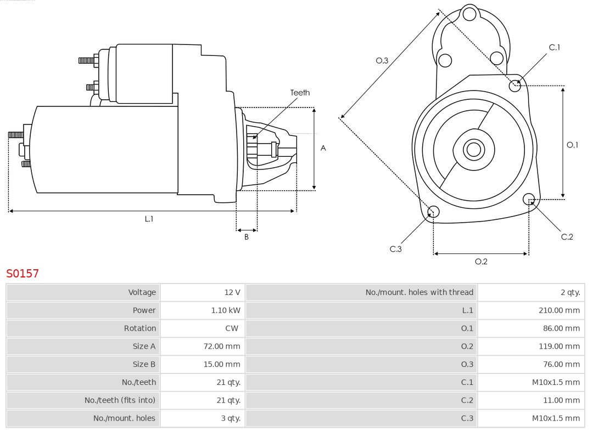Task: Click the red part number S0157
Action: pyautogui.click(x=23, y=273)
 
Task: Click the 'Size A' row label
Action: pyautogui.click(x=144, y=347)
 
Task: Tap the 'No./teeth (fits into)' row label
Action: pyautogui.click(x=120, y=400)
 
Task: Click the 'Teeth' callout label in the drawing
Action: pyautogui.click(x=300, y=93)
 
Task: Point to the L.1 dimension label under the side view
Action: pyautogui.click(x=149, y=219)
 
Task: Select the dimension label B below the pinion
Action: pyautogui.click(x=247, y=237)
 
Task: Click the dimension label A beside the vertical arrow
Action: pyautogui.click(x=323, y=148)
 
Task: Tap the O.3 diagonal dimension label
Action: pyautogui.click(x=382, y=61)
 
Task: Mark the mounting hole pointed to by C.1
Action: pyautogui.click(x=515, y=86)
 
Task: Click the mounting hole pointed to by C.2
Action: pyautogui.click(x=529, y=199)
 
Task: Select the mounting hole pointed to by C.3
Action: pyautogui.click(x=433, y=212)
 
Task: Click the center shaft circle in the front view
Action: pyautogui.click(x=473, y=149)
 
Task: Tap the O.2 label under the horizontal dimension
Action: pyautogui.click(x=481, y=262)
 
